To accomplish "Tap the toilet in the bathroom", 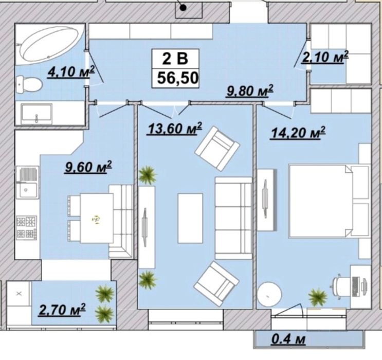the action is pos(29,84).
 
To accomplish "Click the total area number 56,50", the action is pos(177,78).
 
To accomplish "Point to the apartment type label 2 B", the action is pos(175,59).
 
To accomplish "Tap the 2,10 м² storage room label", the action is pos(325,57).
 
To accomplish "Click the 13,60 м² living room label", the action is pos(175,128).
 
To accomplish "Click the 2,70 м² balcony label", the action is pos(62,310).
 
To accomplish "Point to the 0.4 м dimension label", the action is pos(288,339).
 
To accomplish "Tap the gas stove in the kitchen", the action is pos(27,228).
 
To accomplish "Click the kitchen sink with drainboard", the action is pos(27,183).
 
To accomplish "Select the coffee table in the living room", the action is pos(190,218).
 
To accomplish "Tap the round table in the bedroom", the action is pos(269,295).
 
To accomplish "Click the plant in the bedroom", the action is pos(318,297).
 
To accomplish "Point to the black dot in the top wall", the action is pos(183,8).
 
